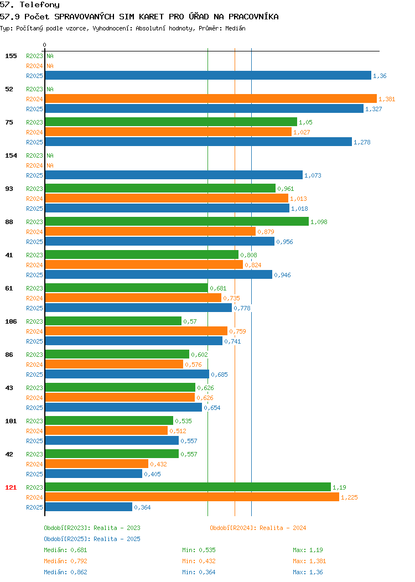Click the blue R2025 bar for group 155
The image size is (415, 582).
208,75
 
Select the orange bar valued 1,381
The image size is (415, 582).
211,98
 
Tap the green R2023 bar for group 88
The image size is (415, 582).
177,222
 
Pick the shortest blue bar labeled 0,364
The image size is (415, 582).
89,507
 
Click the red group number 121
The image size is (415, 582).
11,487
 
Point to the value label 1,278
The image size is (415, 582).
362,142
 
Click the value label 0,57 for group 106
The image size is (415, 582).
190,321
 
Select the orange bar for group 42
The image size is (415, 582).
96,464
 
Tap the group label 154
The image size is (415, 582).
11,155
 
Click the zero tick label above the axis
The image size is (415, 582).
45,45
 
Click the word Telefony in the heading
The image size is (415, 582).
40,5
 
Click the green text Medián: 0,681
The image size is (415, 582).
65,550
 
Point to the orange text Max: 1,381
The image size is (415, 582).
309,561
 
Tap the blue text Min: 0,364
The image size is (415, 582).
199,573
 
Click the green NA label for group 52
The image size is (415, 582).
50,89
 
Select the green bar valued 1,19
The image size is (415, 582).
188,487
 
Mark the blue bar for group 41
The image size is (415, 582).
158,274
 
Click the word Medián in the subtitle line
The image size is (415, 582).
235,28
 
